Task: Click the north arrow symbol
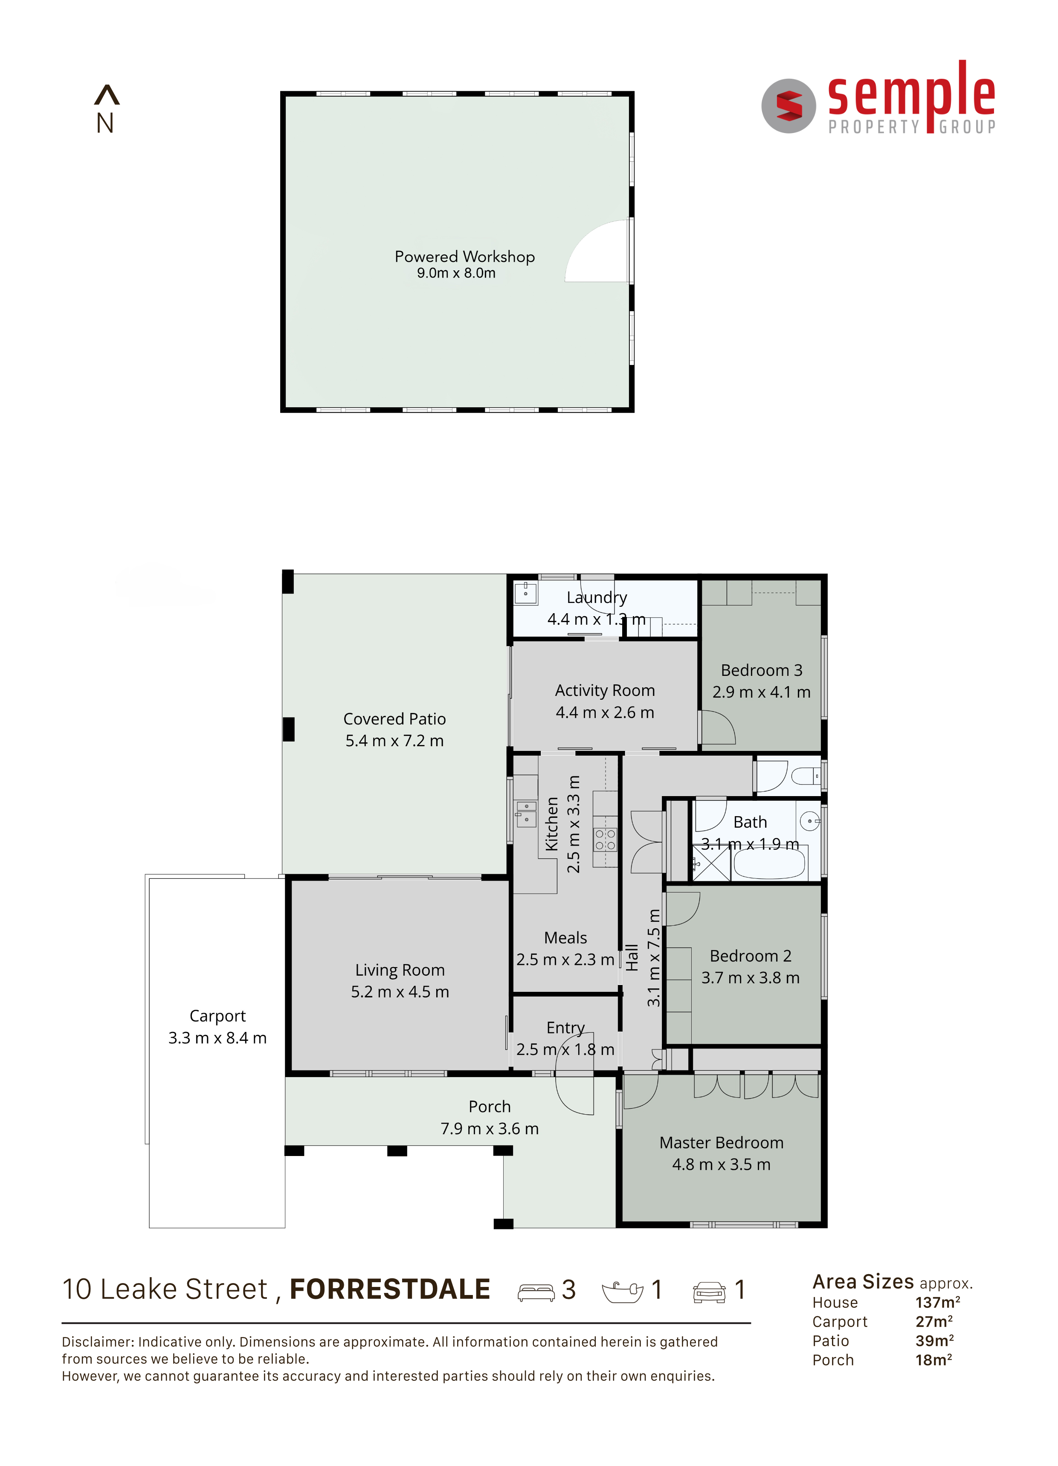pyautogui.click(x=107, y=95)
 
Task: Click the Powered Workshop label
pyautogui.click(x=465, y=257)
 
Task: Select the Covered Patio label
pyautogui.click(x=394, y=719)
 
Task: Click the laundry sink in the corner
pyautogui.click(x=525, y=593)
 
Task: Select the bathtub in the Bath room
pyautogui.click(x=769, y=863)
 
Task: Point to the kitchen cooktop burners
pyautogui.click(x=605, y=839)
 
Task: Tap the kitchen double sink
pyautogui.click(x=526, y=814)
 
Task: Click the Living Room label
pyautogui.click(x=400, y=970)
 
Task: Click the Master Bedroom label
pyautogui.click(x=721, y=1142)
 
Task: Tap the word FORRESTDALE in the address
pyautogui.click(x=390, y=1289)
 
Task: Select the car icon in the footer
pyautogui.click(x=709, y=1292)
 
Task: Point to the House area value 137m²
pyautogui.click(x=937, y=1302)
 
